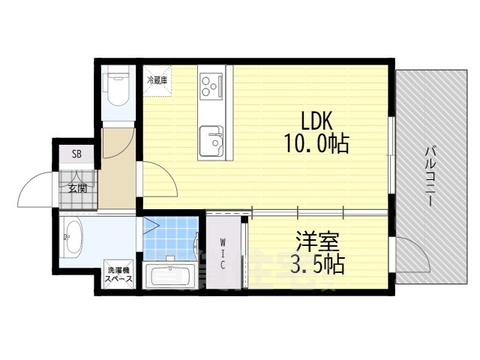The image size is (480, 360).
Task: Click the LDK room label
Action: click(316, 120)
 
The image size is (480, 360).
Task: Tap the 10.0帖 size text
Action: click(316, 144)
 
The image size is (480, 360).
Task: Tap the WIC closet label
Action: click(223, 253)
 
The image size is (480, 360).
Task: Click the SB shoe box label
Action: click(76, 155)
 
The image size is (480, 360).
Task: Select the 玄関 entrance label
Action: click(77, 188)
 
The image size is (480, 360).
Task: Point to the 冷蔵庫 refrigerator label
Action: click(157, 79)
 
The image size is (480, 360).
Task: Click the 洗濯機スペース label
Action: click(118, 274)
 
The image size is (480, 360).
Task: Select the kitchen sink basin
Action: click(211, 139)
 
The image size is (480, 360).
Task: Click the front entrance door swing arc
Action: click(34, 191)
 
